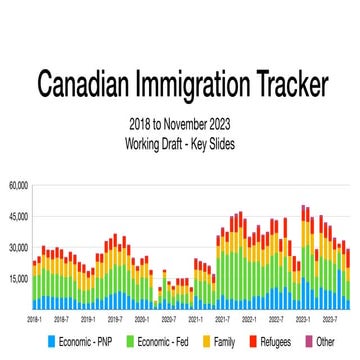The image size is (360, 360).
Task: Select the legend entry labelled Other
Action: pos(326,342)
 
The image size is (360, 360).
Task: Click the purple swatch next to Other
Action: pos(310,342)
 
